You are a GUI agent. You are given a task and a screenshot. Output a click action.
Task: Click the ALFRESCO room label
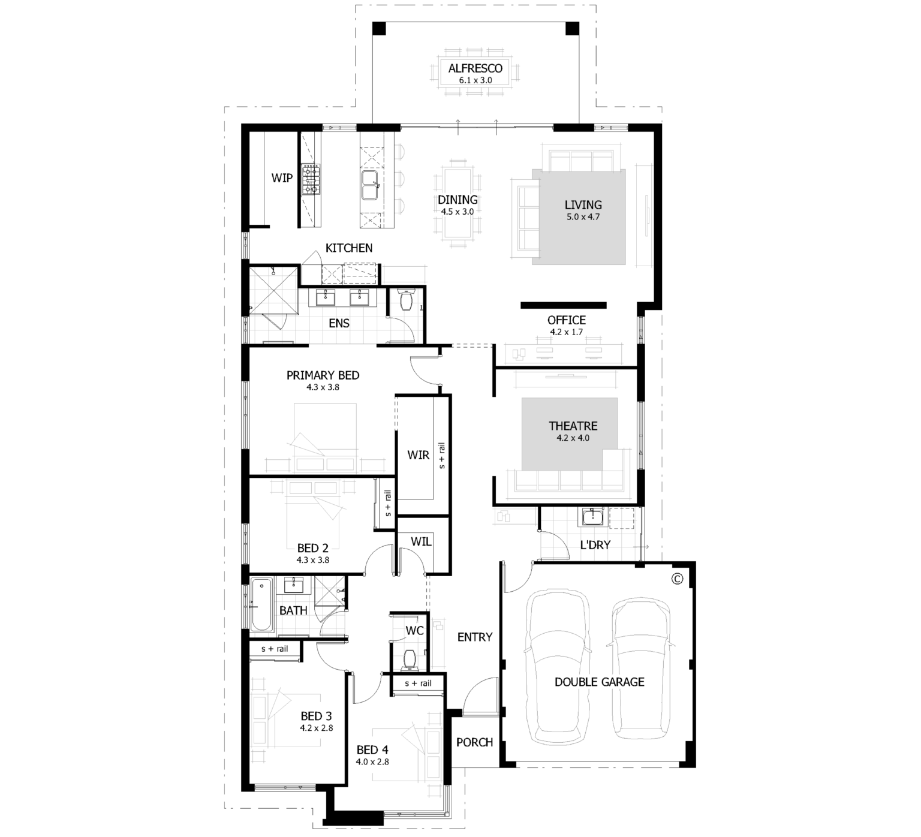click(475, 68)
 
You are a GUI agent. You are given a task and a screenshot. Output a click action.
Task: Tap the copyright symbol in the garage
click(678, 579)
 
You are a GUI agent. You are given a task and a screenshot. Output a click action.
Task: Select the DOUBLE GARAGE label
click(599, 682)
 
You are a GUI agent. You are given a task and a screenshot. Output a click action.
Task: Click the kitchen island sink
click(370, 185)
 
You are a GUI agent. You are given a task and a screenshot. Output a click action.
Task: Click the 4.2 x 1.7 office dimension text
click(566, 332)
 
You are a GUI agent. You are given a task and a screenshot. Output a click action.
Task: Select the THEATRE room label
click(573, 426)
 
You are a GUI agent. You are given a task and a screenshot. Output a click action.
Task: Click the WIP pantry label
click(282, 177)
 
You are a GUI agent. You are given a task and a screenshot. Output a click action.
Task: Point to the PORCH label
click(474, 742)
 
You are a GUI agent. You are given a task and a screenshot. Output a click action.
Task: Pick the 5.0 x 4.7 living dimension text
click(583, 217)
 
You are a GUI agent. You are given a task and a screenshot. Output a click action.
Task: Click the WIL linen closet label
click(421, 541)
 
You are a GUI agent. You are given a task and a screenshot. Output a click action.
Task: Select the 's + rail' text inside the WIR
click(443, 456)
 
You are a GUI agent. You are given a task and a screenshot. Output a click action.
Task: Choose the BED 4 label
click(372, 749)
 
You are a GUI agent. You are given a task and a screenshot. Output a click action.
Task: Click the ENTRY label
click(474, 637)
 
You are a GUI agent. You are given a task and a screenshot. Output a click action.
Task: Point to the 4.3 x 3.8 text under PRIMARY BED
click(323, 387)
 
